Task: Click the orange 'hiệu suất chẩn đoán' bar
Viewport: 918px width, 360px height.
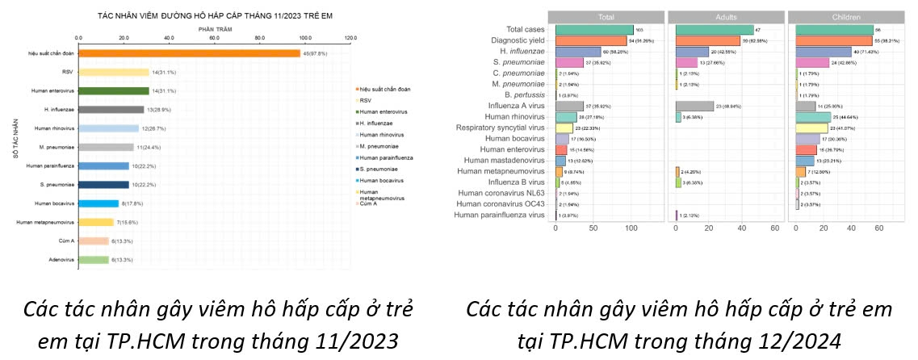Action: [189, 53]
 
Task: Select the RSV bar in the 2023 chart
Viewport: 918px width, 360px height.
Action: [113, 72]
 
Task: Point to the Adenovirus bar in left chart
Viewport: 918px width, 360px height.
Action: [94, 259]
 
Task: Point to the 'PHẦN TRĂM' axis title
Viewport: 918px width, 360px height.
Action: [215, 29]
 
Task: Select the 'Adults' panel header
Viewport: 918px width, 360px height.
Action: [726, 16]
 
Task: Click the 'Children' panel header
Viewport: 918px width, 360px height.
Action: [845, 16]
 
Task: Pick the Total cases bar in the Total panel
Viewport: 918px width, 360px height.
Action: [593, 30]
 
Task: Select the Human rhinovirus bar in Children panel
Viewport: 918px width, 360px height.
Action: [824, 117]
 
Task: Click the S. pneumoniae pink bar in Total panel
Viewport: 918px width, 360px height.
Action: [569, 62]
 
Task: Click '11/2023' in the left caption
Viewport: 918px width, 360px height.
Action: [355, 342]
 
